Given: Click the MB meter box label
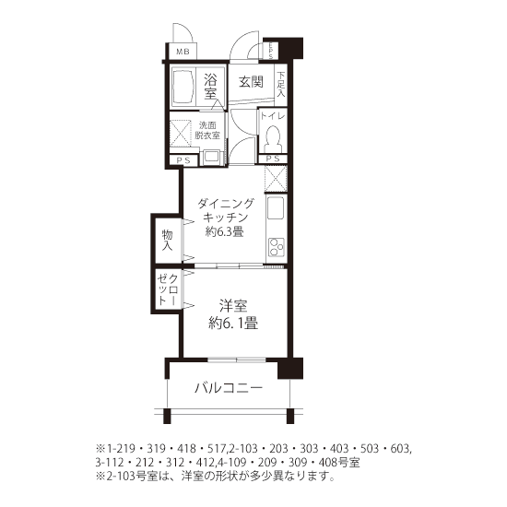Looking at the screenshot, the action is tap(183, 52).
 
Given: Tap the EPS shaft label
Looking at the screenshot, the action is tap(271, 51).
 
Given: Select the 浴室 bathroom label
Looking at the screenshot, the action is tap(210, 87).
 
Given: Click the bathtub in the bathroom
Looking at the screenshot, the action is tap(183, 87).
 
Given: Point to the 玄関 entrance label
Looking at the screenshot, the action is tap(251, 82).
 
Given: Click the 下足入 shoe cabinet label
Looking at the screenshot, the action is tap(280, 85).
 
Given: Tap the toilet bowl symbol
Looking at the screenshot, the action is tap(273, 138).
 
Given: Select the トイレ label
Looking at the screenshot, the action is tap(273, 116).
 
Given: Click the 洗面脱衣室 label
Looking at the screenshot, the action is tap(207, 130).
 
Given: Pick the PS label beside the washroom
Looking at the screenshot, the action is tap(183, 160).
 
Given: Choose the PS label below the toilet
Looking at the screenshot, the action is tap(273, 159).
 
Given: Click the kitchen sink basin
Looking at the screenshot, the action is tap(276, 207).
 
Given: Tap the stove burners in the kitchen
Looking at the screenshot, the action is tap(277, 247).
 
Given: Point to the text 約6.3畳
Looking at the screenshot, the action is tap(224, 231).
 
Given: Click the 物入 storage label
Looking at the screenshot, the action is tap(167, 241).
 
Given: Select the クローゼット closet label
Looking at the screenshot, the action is tap(168, 289).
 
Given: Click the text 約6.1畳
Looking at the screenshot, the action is tap(233, 323).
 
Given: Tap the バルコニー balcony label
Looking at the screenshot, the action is tap(229, 388).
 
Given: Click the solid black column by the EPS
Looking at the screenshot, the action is tap(290, 49).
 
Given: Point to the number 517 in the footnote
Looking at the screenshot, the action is tap(218, 449).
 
